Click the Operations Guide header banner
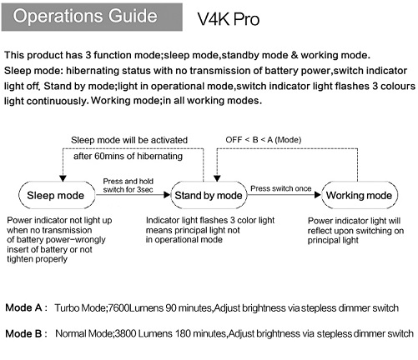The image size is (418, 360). [x=92, y=17]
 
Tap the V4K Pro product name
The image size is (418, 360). [x=229, y=19]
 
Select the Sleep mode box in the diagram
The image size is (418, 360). [x=57, y=195]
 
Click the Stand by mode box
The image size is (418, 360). [x=209, y=195]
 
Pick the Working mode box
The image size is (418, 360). [x=360, y=195]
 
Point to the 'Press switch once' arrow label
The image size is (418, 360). [x=281, y=188]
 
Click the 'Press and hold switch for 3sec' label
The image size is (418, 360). [x=128, y=185]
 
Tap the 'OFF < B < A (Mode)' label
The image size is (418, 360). [x=264, y=139]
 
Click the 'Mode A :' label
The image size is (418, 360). [x=27, y=307]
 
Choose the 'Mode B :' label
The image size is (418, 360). [x=27, y=333]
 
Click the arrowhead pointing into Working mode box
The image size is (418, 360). [x=318, y=195]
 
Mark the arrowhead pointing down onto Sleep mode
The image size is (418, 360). [x=63, y=178]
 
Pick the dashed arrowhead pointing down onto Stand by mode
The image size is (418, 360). [x=217, y=178]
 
